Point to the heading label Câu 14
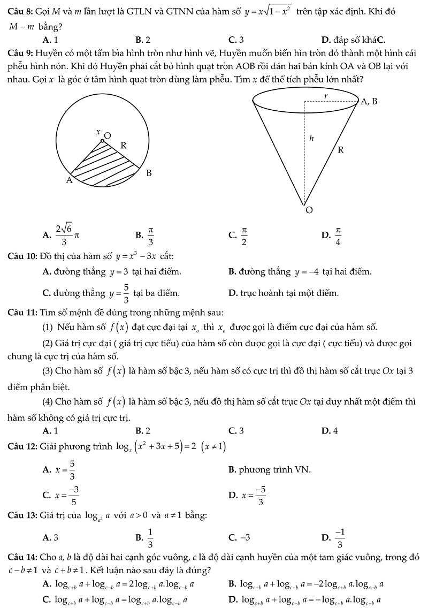tap(22, 557)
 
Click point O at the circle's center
tap(103, 141)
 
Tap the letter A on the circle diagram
tap(68, 180)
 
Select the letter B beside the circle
tap(149, 173)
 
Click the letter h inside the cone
tap(311, 139)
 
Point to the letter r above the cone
tap(326, 95)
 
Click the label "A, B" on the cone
tap(369, 101)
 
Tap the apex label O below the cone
tap(308, 210)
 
